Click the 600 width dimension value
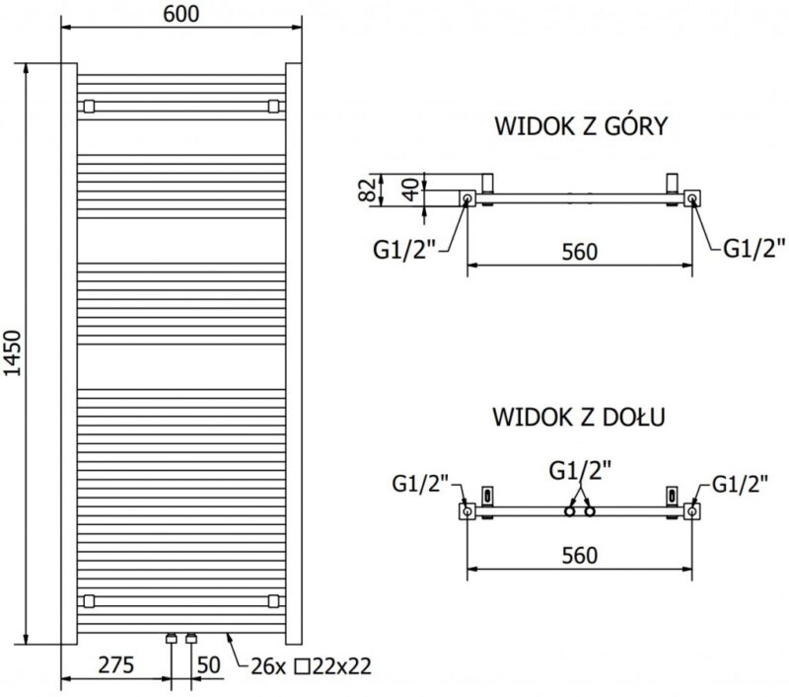pyautogui.click(x=181, y=14)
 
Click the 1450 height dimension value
pyautogui.click(x=12, y=353)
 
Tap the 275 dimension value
pyautogui.click(x=116, y=664)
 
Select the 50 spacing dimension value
pyautogui.click(x=208, y=664)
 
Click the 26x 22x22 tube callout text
pyautogui.click(x=311, y=666)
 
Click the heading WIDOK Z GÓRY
pyautogui.click(x=581, y=126)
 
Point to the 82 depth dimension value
pyautogui.click(x=367, y=190)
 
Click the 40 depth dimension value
pyautogui.click(x=411, y=190)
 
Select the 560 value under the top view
pyautogui.click(x=580, y=252)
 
